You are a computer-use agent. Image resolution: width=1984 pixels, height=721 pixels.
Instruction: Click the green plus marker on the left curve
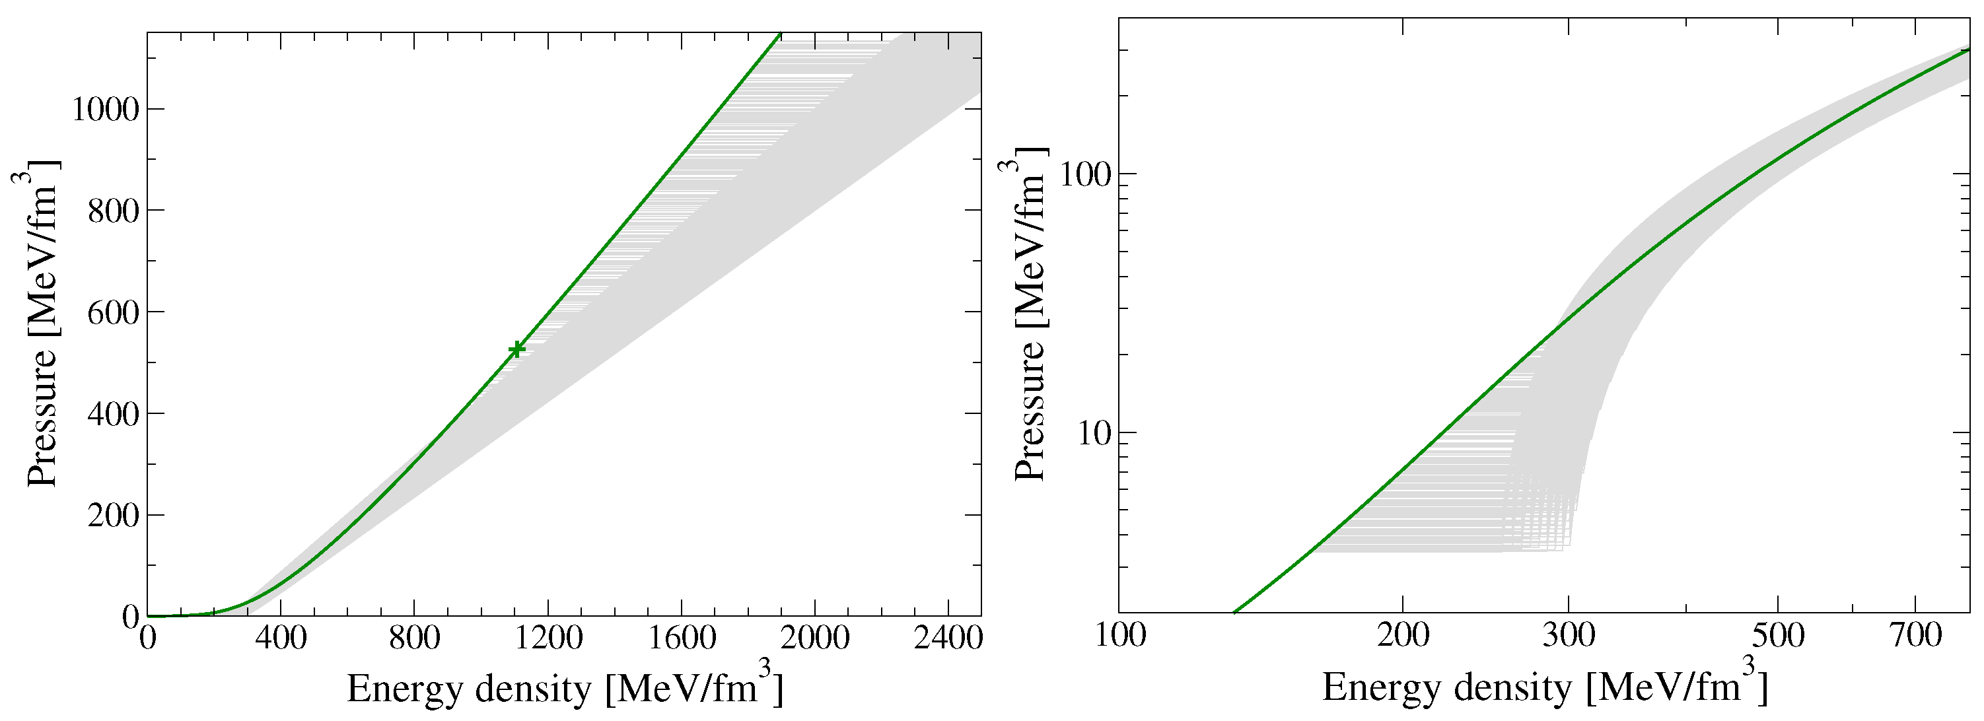(x=516, y=349)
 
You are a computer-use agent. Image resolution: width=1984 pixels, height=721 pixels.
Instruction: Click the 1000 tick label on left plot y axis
(x=106, y=110)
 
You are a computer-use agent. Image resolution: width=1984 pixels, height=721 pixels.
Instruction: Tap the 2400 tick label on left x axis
(x=947, y=638)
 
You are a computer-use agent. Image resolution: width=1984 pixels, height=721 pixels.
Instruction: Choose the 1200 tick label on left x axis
(x=548, y=638)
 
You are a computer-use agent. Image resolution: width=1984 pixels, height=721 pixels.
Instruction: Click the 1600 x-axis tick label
(x=681, y=638)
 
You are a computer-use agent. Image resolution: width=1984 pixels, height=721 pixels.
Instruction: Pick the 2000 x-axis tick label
(x=814, y=638)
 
